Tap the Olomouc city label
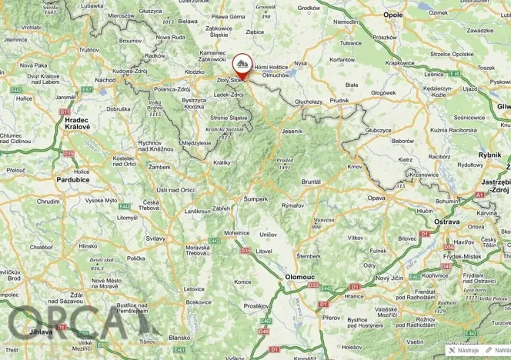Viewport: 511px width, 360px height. pos(299,275)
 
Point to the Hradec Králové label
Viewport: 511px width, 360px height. pos(78,124)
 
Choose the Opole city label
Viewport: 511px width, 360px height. pos(392,15)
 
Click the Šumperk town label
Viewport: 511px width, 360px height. pos(255,198)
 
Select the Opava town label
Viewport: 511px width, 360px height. pos(376,198)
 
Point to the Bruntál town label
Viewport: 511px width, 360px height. pos(311,182)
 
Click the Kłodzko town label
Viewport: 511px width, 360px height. pos(195,72)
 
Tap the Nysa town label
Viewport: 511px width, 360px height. pos(300,63)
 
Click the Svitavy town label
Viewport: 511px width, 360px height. pos(155,238)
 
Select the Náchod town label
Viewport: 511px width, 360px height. pos(105,79)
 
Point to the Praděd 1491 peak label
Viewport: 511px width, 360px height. pos(286,163)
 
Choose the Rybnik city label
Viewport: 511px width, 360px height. pos(489,155)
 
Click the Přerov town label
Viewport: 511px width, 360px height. pos(332,316)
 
